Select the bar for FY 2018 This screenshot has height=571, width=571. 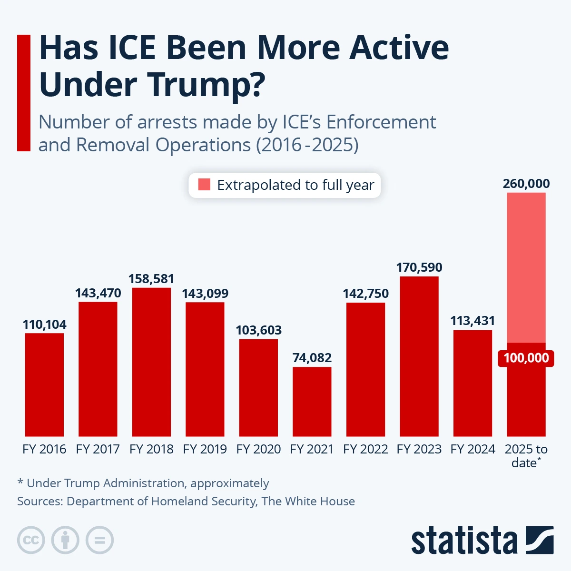click(151, 362)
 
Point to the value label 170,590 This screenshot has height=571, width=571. click(419, 267)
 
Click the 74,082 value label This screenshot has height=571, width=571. click(312, 358)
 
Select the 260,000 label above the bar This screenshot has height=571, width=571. click(526, 184)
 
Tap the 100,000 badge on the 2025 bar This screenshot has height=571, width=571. click(526, 358)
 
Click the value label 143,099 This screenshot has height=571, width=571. click(205, 294)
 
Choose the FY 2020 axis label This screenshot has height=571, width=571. click(258, 449)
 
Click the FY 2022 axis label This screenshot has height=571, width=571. click(365, 449)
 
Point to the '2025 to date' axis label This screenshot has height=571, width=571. click(526, 455)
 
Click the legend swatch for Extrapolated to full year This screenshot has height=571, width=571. click(204, 185)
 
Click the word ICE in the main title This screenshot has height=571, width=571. click(131, 48)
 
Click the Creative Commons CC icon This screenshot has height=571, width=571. click(31, 540)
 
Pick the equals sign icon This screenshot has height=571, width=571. click(100, 540)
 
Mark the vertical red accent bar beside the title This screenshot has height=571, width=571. click(23, 93)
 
